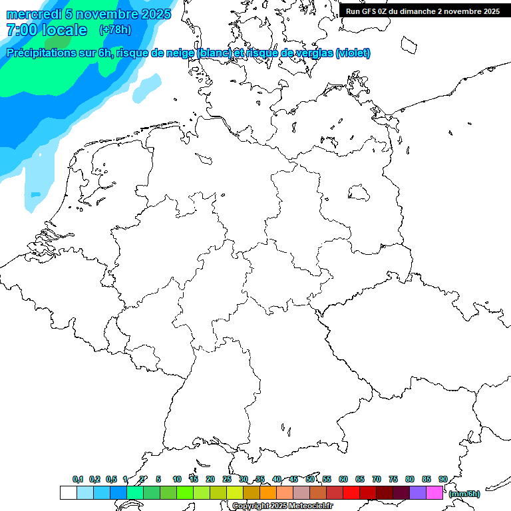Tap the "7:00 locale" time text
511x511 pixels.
coord(47,30)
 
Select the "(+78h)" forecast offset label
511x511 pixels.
coord(115,30)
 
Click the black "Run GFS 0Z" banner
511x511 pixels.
coord(424,11)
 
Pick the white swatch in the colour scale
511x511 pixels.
coord(68,493)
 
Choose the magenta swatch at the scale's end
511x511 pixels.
coord(434,493)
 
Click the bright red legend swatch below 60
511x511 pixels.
coord(351,493)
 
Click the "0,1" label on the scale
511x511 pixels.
coord(78,479)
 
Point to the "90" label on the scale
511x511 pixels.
coord(443,479)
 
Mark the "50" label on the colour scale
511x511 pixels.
coord(310,479)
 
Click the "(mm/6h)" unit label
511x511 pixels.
coord(464,494)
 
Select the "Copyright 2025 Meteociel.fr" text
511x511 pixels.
coord(283,506)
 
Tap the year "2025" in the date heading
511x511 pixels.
coord(156,13)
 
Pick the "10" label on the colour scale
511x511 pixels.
coord(177,479)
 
